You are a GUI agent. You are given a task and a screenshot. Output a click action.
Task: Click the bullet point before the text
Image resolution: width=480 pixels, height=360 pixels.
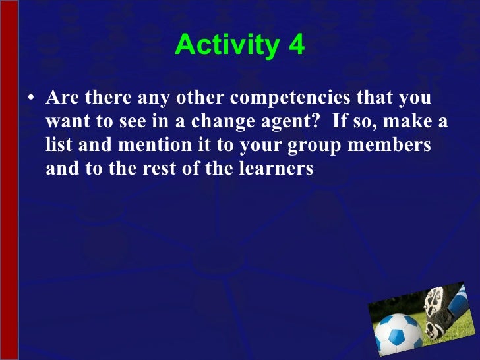point(31,100)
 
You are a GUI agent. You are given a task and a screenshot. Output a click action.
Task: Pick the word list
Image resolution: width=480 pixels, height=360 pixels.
point(59,145)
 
